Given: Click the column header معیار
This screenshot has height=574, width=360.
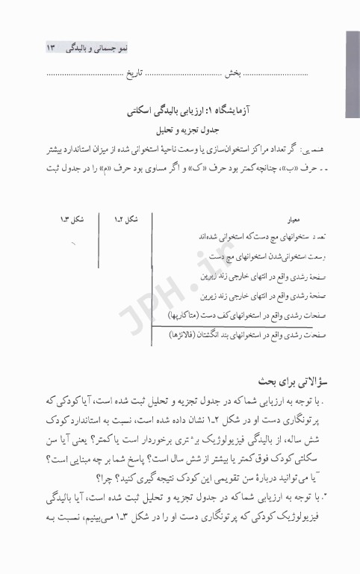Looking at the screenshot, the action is coord(274,221).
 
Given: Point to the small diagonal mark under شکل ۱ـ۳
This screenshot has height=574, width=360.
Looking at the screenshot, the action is coord(73,243).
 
